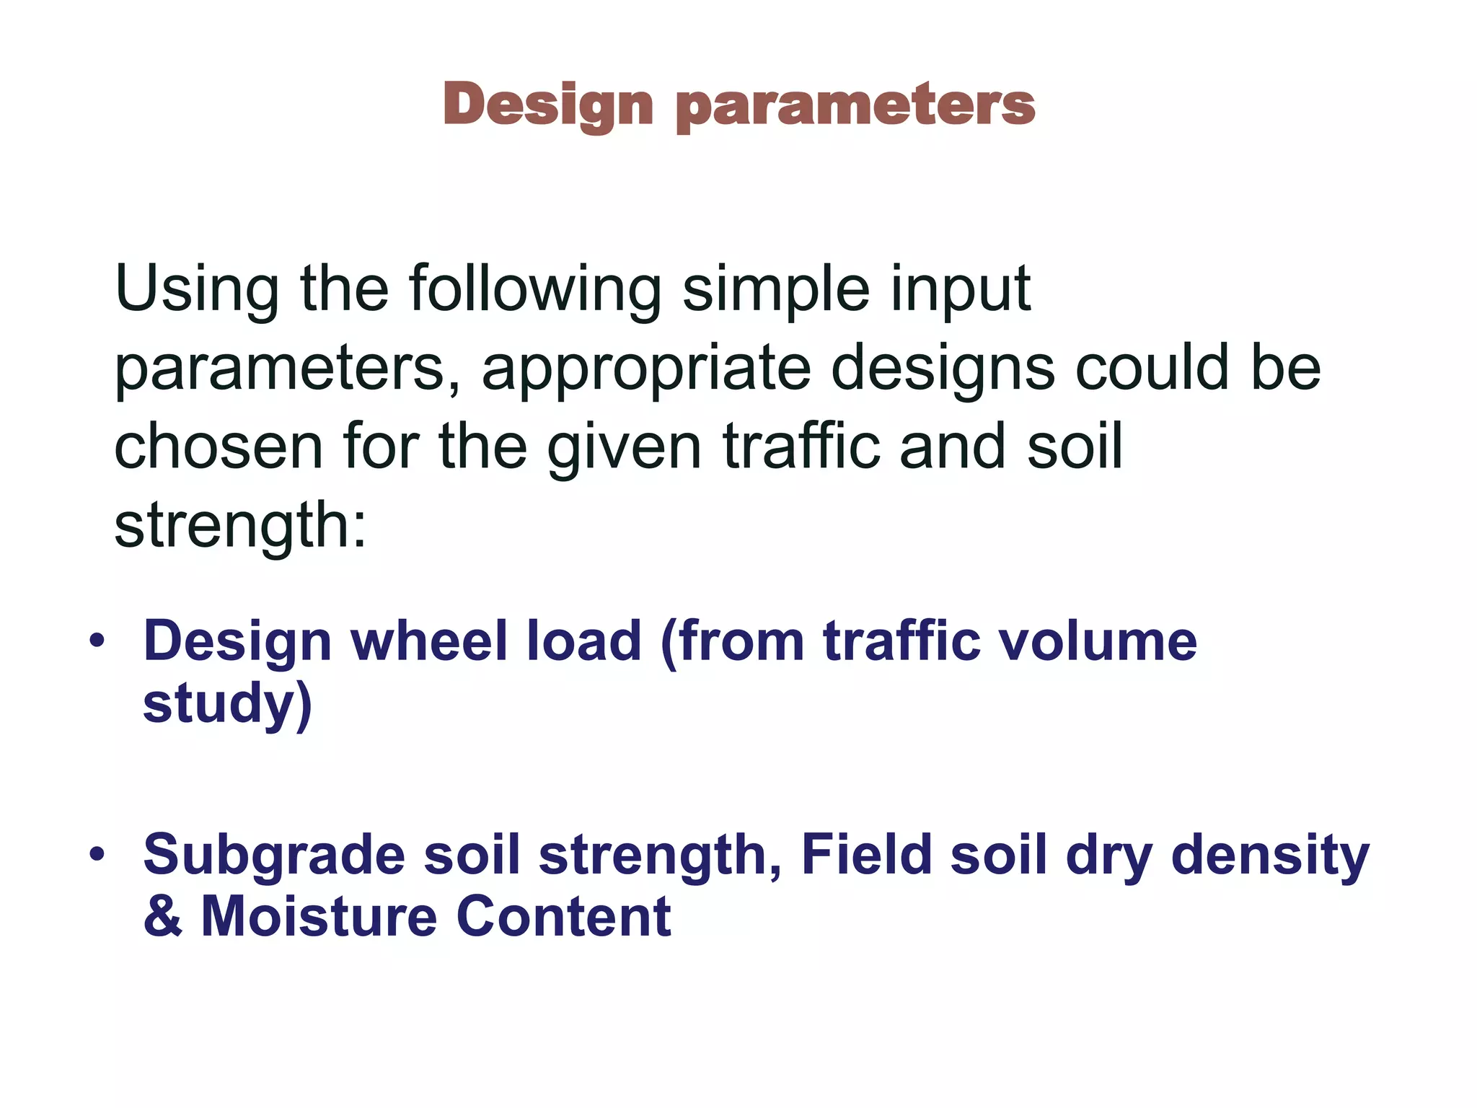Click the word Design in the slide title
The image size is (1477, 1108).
[548, 105]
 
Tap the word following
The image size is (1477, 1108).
[534, 290]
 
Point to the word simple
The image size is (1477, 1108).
[776, 290]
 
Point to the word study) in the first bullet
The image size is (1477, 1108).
[227, 704]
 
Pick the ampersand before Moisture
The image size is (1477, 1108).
[162, 916]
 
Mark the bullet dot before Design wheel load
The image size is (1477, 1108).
[97, 641]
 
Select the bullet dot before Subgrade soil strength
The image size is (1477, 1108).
[97, 855]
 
